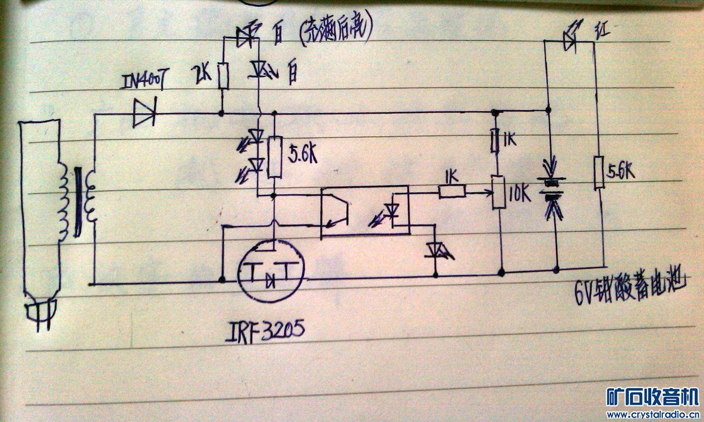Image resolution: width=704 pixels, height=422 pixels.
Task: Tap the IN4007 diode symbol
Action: click(143, 113)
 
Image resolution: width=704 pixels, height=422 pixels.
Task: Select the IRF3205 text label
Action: click(265, 333)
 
